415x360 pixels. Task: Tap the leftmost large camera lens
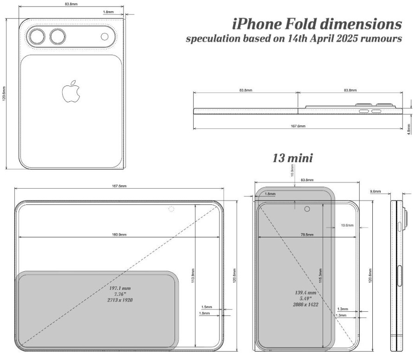pyautogui.click(x=36, y=37)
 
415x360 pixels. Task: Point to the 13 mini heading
pyautogui.click(x=292, y=158)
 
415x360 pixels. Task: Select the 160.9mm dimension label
pyautogui.click(x=119, y=235)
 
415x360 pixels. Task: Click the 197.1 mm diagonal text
pyautogui.click(x=120, y=288)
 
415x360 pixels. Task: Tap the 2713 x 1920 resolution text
pyautogui.click(x=120, y=301)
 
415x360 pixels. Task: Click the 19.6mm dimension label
pyautogui.click(x=347, y=225)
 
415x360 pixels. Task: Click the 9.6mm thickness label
pyautogui.click(x=376, y=191)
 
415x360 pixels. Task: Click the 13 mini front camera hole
pyautogui.click(x=307, y=209)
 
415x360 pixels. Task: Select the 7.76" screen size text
pyautogui.click(x=120, y=295)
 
